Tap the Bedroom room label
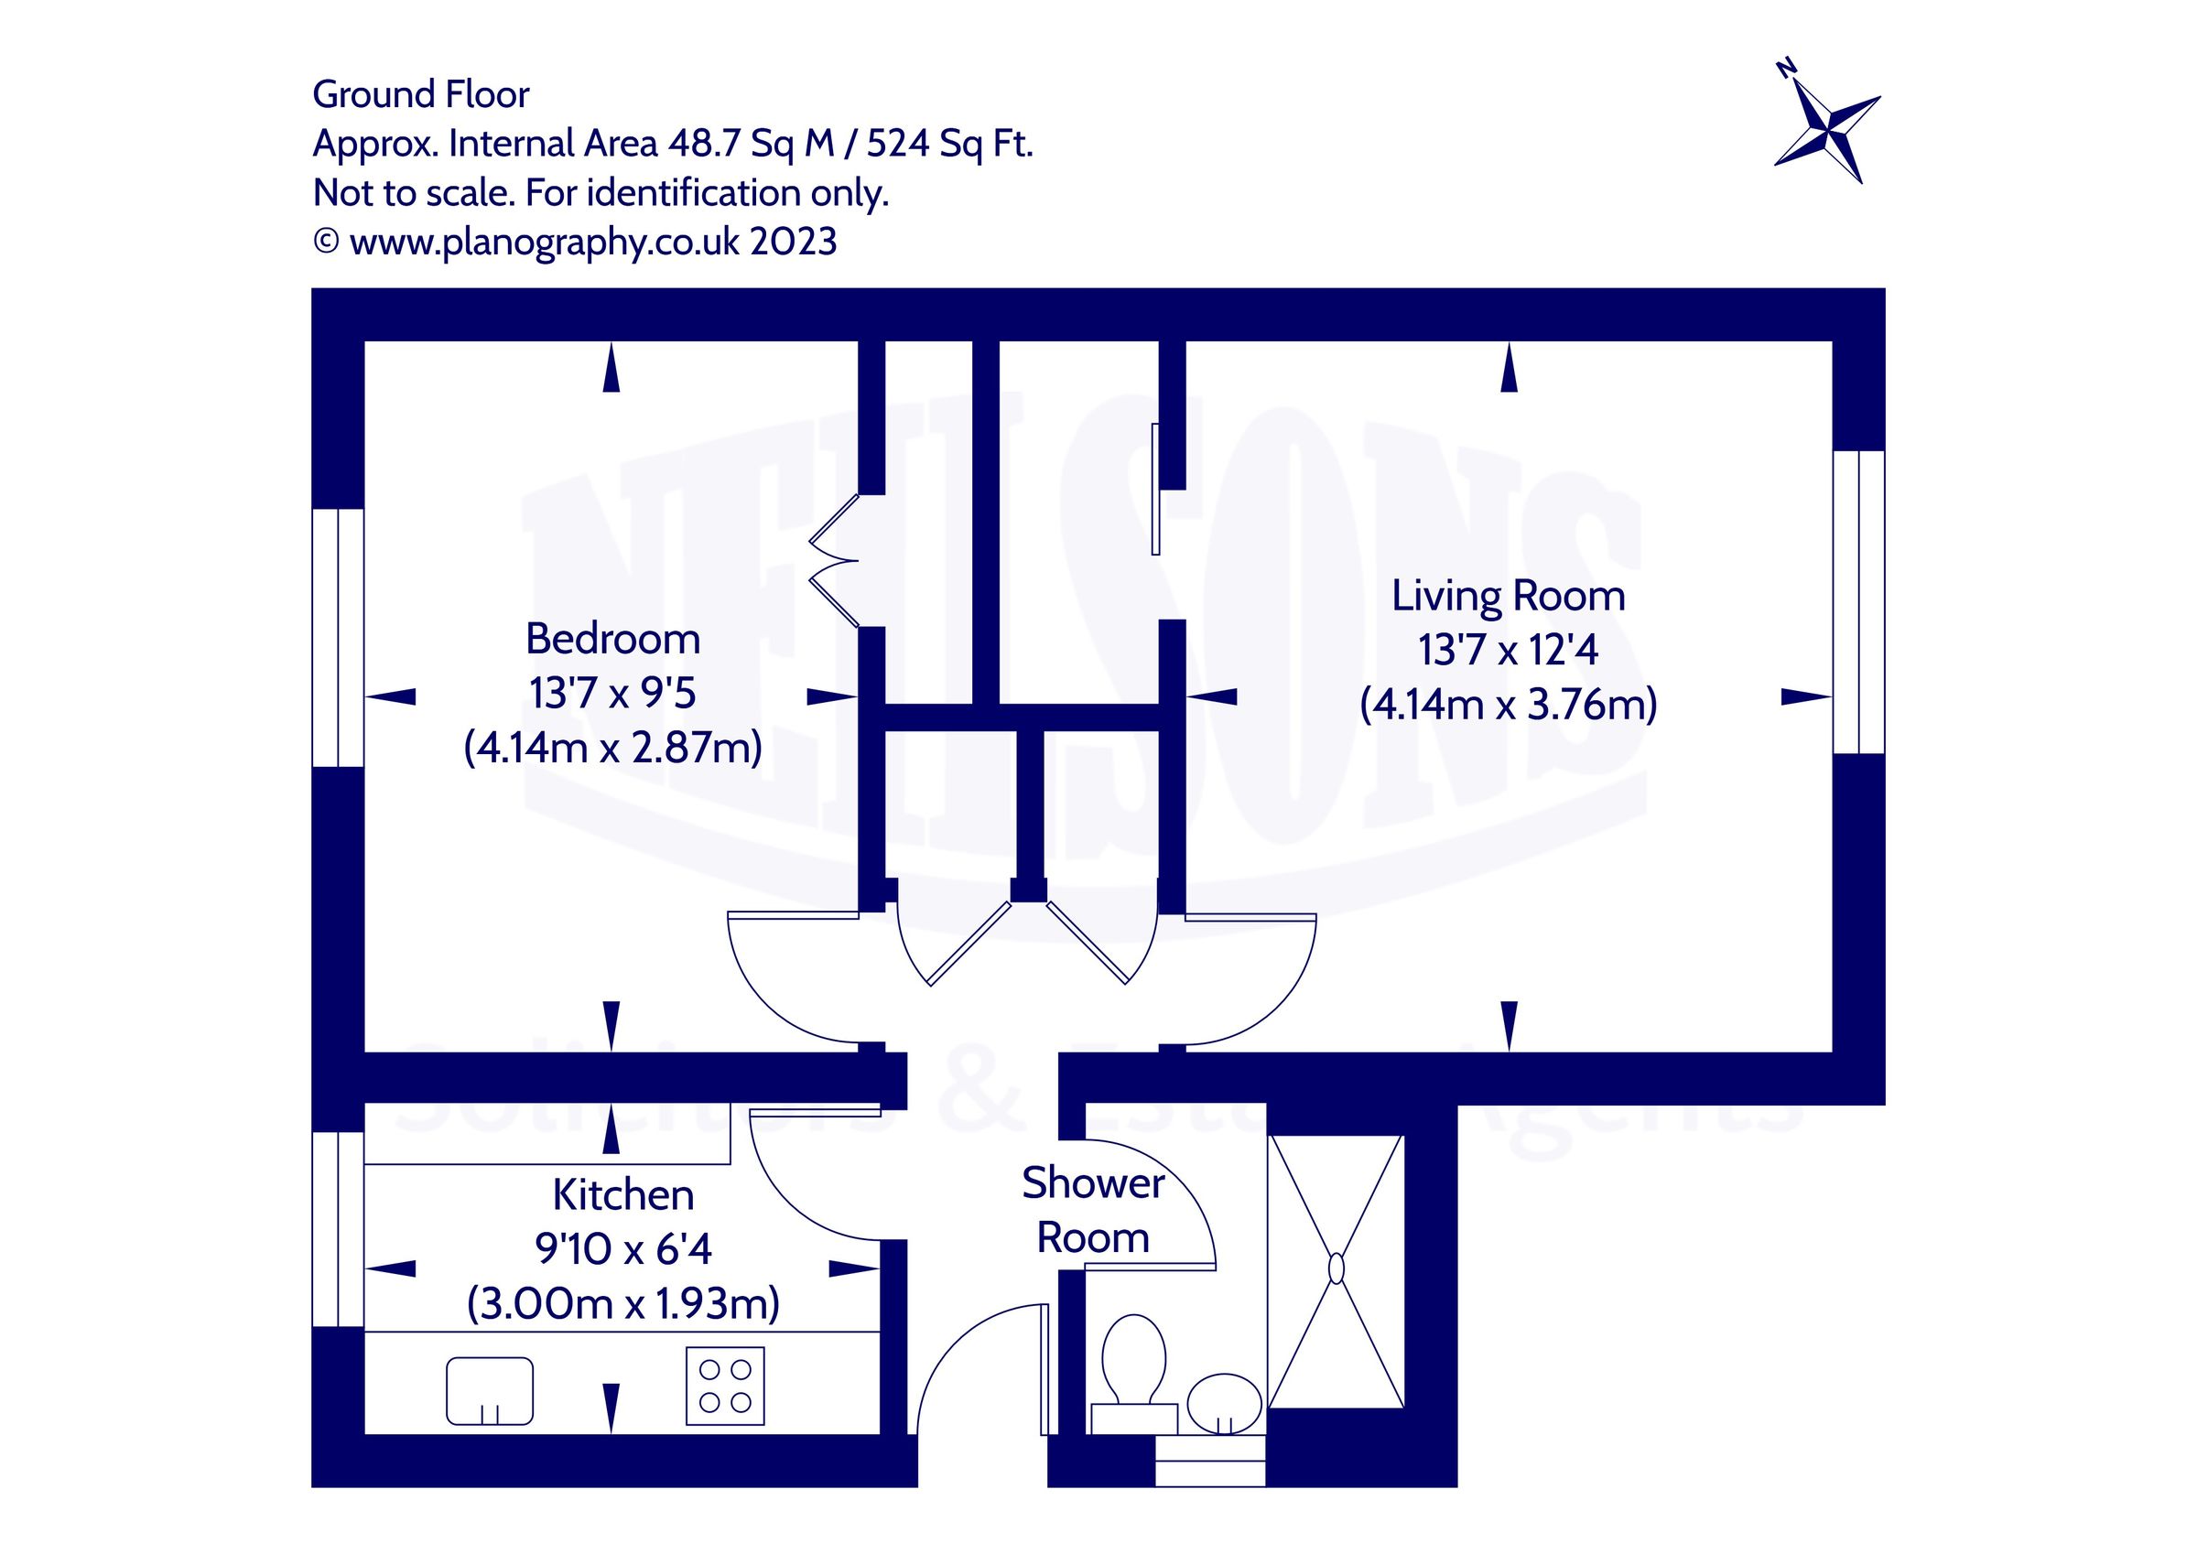coord(612,639)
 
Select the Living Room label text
coord(1508,596)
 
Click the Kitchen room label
coord(622,1195)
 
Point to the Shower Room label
coord(1093,1211)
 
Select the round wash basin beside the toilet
coord(1224,1403)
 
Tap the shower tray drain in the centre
coord(1336,1268)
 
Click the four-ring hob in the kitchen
coord(724,1386)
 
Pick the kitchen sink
coord(490,1390)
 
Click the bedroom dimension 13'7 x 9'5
coord(612,693)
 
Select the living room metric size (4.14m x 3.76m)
coord(1508,705)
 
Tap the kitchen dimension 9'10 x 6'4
coord(622,1248)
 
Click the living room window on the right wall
coord(1858,602)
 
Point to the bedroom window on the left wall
coord(338,637)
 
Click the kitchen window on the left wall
coord(338,1229)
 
